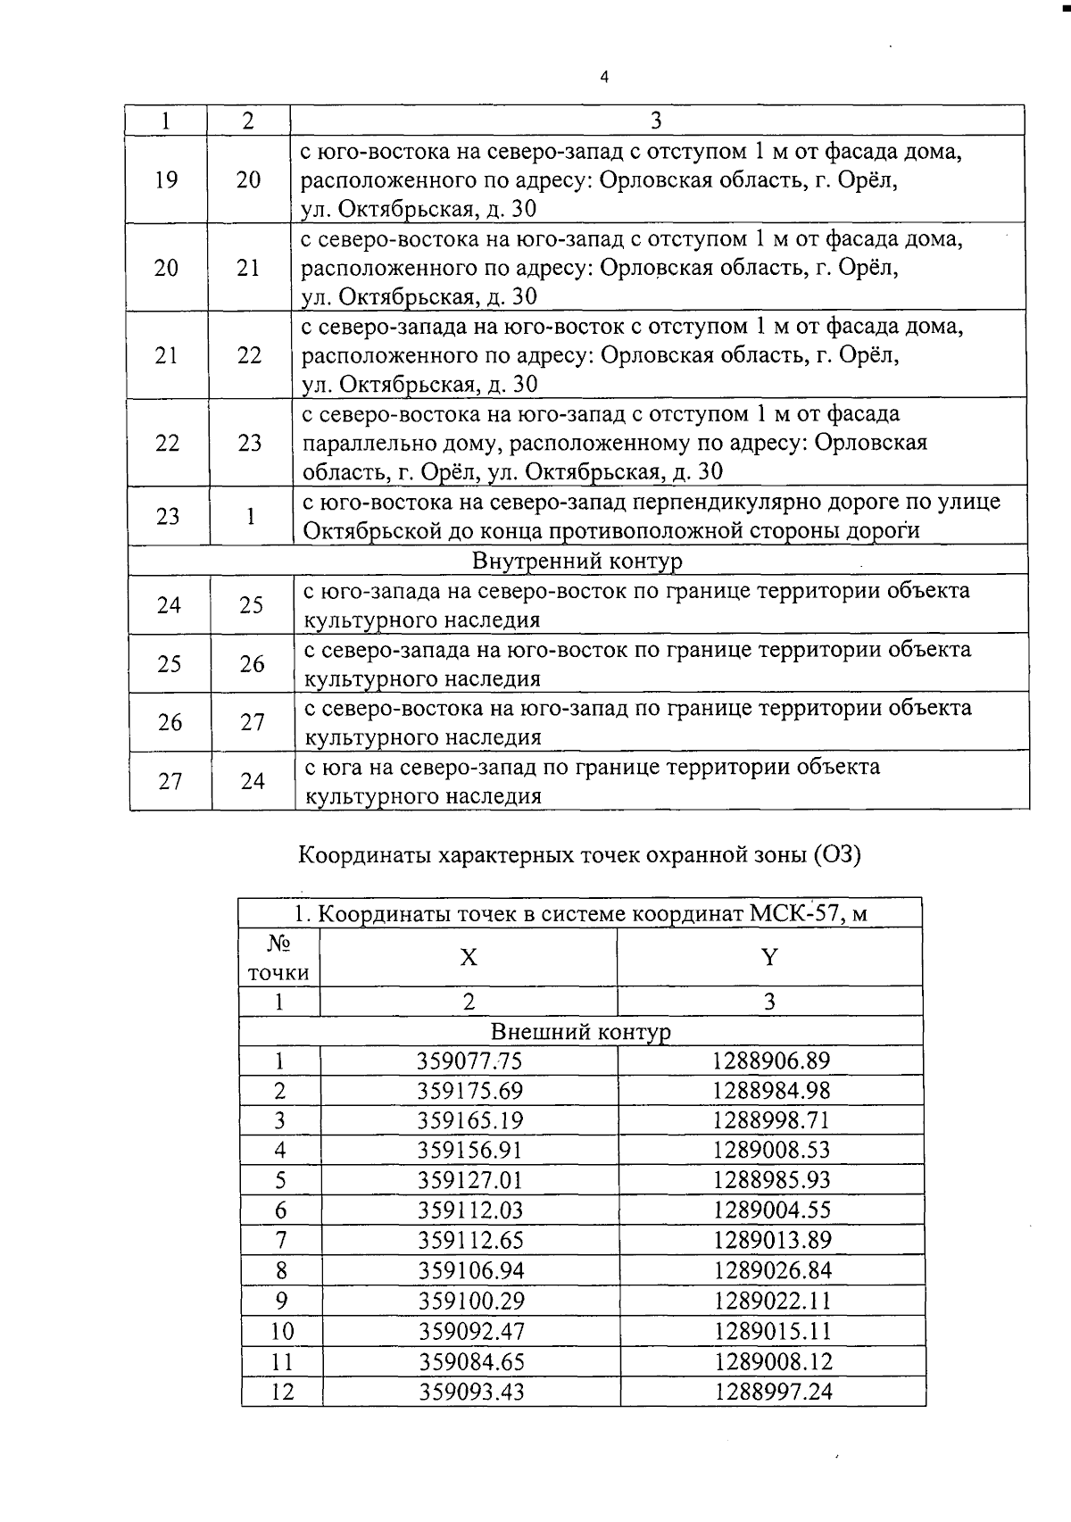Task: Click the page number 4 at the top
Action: coord(604,78)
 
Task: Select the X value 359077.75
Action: coord(469,1060)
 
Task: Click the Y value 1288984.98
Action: coord(771,1090)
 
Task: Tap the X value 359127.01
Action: coord(469,1180)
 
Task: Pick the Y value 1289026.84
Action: coord(771,1270)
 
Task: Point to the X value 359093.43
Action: coord(469,1391)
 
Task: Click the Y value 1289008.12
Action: coord(771,1361)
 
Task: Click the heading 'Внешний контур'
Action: coord(581,1032)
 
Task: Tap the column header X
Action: coord(469,958)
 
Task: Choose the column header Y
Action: coord(769,958)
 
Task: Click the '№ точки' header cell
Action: coord(279,958)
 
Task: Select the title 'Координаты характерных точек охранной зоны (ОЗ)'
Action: coord(578,854)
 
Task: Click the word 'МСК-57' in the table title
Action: coord(799,915)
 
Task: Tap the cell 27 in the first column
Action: coord(170,781)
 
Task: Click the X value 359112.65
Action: coord(469,1240)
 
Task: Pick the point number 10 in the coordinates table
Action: coord(282,1331)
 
